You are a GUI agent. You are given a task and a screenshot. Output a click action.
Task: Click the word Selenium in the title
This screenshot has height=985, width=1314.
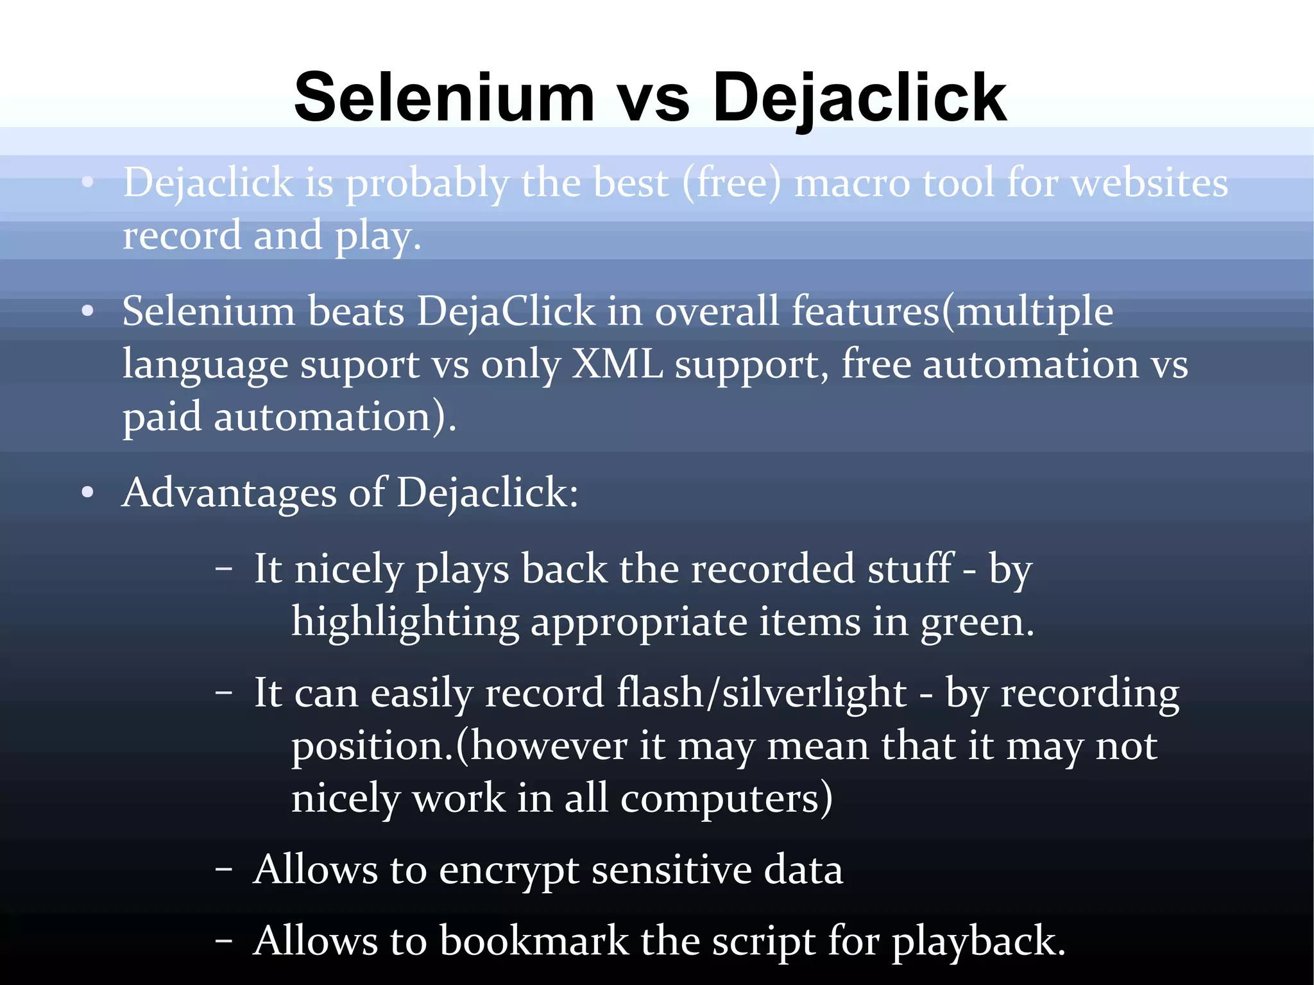445,98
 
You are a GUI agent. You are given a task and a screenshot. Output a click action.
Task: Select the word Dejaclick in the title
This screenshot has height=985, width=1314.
859,98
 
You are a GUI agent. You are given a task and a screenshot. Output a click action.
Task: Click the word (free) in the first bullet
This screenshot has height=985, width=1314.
732,183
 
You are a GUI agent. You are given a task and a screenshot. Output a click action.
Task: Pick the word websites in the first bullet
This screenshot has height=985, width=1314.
1150,183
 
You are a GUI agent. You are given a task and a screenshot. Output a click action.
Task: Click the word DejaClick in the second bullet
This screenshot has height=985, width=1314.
506,312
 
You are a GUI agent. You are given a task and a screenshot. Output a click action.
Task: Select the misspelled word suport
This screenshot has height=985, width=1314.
360,365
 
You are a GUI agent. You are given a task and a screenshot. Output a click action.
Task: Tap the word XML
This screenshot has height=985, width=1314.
617,364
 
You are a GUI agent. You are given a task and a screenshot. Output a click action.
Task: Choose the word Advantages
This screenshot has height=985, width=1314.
229,493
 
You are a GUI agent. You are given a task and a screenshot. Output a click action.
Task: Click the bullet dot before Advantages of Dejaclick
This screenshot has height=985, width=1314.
88,493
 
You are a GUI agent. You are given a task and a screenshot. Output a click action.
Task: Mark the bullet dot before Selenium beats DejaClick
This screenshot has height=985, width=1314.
88,312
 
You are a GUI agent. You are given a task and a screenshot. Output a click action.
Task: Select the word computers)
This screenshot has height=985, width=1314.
726,800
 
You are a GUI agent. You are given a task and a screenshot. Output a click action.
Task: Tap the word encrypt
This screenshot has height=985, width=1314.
509,871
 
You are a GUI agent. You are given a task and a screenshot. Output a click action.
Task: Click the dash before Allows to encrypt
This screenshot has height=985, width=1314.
224,870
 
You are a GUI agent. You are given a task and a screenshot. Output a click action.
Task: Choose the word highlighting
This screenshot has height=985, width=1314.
405,622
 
